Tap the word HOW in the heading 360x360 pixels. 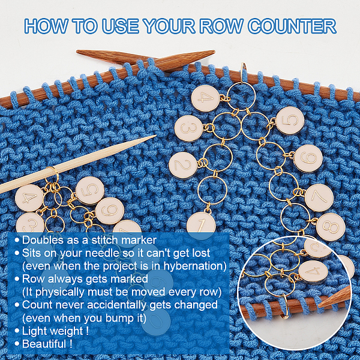coord(46,26)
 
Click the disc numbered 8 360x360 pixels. coord(331,227)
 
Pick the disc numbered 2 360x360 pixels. coord(183,165)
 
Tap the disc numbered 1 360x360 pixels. coord(201,224)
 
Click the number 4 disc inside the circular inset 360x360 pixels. coord(313,272)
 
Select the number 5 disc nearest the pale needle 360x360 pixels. coord(90,190)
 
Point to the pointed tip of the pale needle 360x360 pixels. coord(155,136)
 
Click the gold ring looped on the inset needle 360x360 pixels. coord(285,306)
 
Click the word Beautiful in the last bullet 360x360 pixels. coord(44,344)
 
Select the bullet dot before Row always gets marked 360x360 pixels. coord(17,279)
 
